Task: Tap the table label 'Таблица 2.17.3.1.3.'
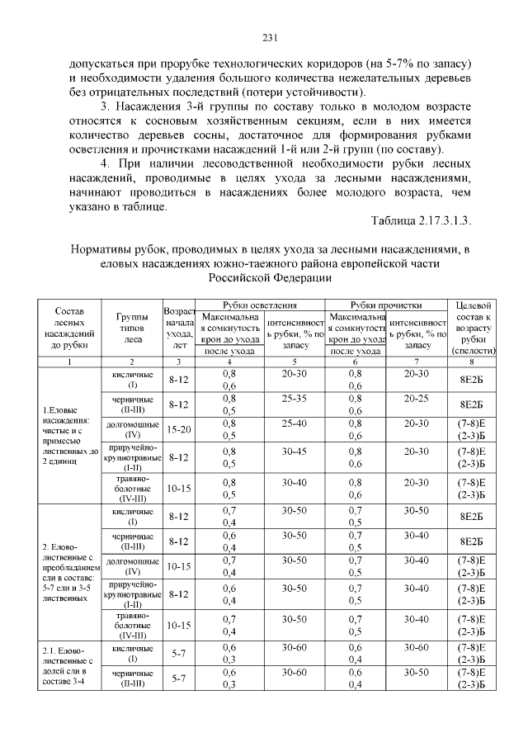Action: pos(422,221)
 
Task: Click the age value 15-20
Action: pos(179,429)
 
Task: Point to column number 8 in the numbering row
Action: pos(468,362)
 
